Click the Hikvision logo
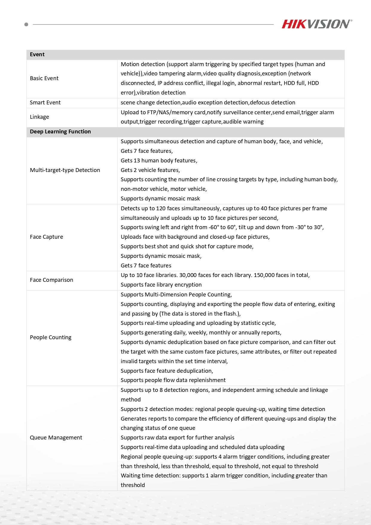pyautogui.click(x=317, y=24)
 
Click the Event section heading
pyautogui.click(x=37, y=54)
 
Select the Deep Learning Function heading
pyautogui.click(x=60, y=132)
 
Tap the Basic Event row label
pyautogui.click(x=44, y=78)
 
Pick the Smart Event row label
pyautogui.click(x=45, y=103)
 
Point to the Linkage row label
pyautogui.click(x=39, y=117)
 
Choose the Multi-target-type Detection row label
pyautogui.click(x=65, y=170)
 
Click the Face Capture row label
pyautogui.click(x=46, y=237)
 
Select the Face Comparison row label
pyautogui.click(x=51, y=280)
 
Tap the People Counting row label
pyautogui.click(x=51, y=337)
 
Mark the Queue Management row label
pyautogui.click(x=56, y=438)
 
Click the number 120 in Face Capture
pyautogui.click(x=161, y=209)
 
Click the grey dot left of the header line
pyautogui.click(x=26, y=25)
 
